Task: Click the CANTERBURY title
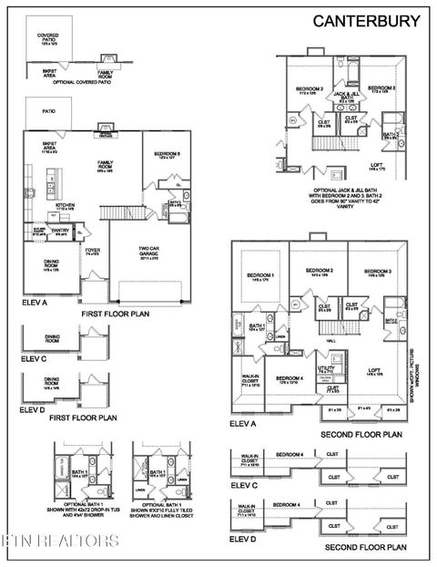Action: (x=367, y=20)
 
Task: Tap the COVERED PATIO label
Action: (x=47, y=38)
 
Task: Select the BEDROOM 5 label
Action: (x=168, y=155)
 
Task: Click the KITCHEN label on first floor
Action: (x=65, y=207)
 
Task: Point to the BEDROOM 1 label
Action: (x=260, y=277)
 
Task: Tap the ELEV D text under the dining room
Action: (x=35, y=408)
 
